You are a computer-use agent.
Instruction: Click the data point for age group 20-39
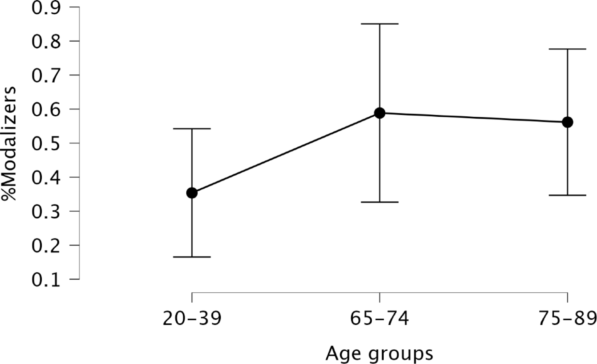[192, 193]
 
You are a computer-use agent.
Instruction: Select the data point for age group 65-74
[380, 113]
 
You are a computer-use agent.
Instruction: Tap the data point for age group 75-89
[567, 122]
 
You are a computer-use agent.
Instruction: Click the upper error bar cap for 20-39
[192, 129]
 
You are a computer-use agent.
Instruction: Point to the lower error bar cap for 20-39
[192, 257]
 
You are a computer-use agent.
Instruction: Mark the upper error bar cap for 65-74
[380, 24]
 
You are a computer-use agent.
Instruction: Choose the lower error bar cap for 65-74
[380, 202]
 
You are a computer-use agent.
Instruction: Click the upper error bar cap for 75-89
[567, 49]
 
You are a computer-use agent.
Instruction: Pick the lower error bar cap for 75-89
[567, 195]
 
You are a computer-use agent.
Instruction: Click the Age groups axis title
[379, 354]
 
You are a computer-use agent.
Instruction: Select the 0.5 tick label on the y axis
[46, 143]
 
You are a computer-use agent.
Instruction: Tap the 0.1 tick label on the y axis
[46, 280]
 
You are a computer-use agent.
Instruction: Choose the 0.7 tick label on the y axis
[46, 75]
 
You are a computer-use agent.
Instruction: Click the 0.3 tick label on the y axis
[46, 212]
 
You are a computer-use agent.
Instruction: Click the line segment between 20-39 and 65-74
[286, 153]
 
